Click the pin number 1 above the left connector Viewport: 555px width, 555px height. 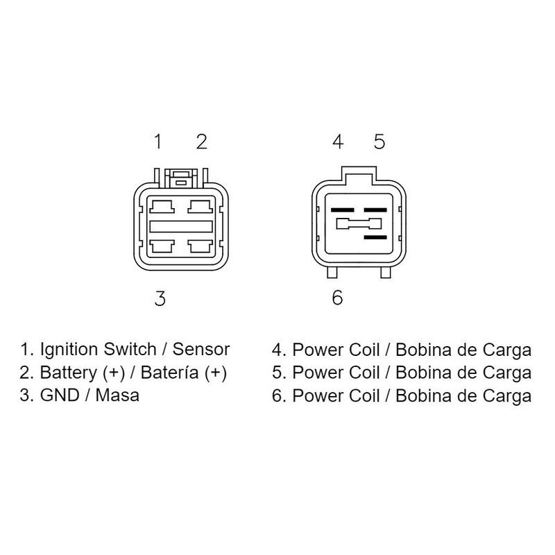click(x=158, y=142)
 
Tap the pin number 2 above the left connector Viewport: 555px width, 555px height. click(x=202, y=142)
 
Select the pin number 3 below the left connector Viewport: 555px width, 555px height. click(x=160, y=298)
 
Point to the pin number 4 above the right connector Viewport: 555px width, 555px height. click(x=338, y=142)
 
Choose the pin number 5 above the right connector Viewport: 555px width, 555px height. click(x=379, y=142)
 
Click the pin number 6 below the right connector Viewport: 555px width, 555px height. click(x=337, y=298)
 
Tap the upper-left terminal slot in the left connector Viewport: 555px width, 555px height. click(x=162, y=207)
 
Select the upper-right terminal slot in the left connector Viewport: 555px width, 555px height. click(x=200, y=207)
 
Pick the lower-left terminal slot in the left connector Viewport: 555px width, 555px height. click(x=162, y=246)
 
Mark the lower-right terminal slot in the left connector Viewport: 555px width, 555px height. click(x=200, y=246)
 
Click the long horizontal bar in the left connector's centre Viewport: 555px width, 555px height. click(x=181, y=227)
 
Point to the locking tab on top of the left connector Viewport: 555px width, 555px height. click(x=181, y=178)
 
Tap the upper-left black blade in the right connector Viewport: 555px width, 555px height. click(x=342, y=210)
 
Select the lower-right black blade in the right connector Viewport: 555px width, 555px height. click(x=375, y=237)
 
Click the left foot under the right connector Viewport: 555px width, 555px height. click(x=332, y=273)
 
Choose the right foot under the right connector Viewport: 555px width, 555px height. click(x=386, y=273)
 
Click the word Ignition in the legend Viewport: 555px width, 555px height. click(x=69, y=350)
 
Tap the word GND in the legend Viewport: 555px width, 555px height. click(x=60, y=395)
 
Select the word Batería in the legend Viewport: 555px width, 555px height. click(x=169, y=373)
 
